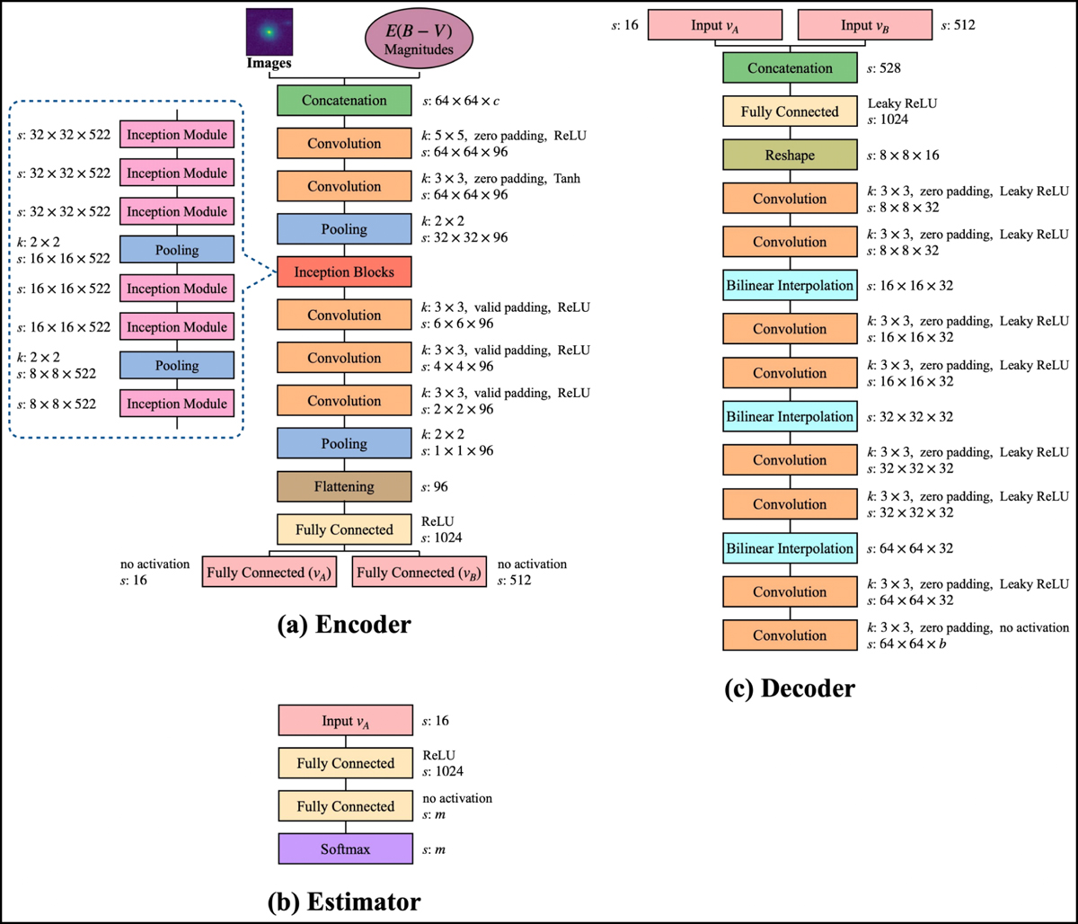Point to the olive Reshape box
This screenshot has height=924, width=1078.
pyautogui.click(x=789, y=155)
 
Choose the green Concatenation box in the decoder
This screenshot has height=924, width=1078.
pyautogui.click(x=789, y=68)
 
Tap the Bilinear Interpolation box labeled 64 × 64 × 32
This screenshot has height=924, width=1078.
pyautogui.click(x=789, y=548)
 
